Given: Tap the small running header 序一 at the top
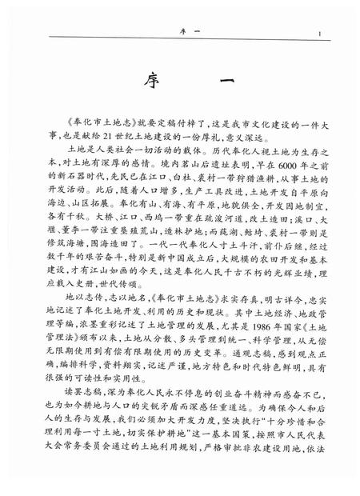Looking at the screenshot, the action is (x=180, y=33).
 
